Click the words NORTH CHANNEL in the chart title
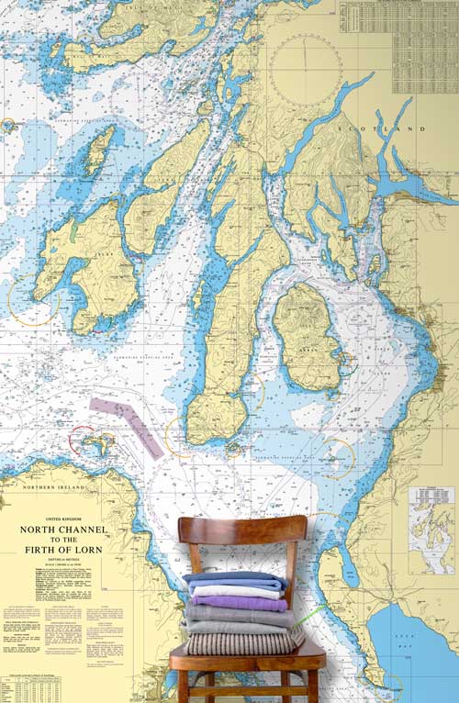tap(63, 530)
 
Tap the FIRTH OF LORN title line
tap(63, 551)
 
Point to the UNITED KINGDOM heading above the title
tap(62, 519)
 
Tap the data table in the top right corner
tap(398, 46)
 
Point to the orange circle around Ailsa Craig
tap(336, 457)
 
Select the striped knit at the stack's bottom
tap(243, 643)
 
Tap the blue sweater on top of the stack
tap(234, 580)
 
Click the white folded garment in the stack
tap(237, 592)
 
